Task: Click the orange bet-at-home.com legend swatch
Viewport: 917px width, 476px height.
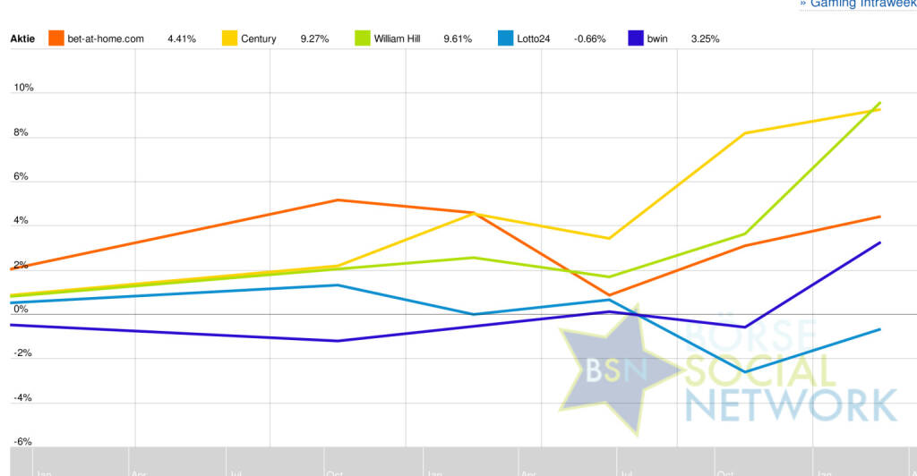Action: (56, 38)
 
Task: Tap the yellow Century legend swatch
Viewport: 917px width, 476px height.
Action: (230, 38)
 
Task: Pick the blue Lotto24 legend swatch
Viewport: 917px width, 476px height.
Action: (506, 38)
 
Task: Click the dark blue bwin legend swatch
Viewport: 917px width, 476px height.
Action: (636, 38)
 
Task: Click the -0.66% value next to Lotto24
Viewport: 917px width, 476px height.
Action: (589, 39)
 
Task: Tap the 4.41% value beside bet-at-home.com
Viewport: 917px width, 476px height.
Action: (182, 39)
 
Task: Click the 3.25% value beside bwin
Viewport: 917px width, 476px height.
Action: (705, 39)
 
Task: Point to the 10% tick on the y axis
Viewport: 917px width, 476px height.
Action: (23, 88)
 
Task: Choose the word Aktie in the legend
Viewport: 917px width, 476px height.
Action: (23, 39)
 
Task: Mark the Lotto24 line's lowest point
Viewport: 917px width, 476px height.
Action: (745, 372)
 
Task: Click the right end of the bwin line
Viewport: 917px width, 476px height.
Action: (880, 242)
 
